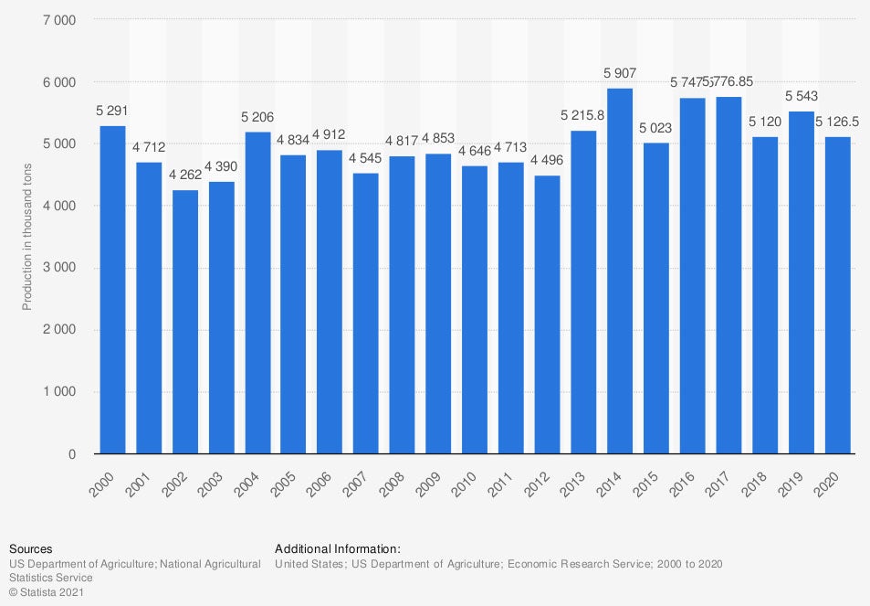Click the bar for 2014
[620, 271]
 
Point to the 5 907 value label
[620, 73]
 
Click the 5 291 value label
[112, 111]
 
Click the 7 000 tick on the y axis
[59, 20]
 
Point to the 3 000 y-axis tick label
[59, 268]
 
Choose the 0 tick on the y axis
[72, 454]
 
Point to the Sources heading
[31, 548]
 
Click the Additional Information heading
[338, 548]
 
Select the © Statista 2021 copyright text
[47, 591]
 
